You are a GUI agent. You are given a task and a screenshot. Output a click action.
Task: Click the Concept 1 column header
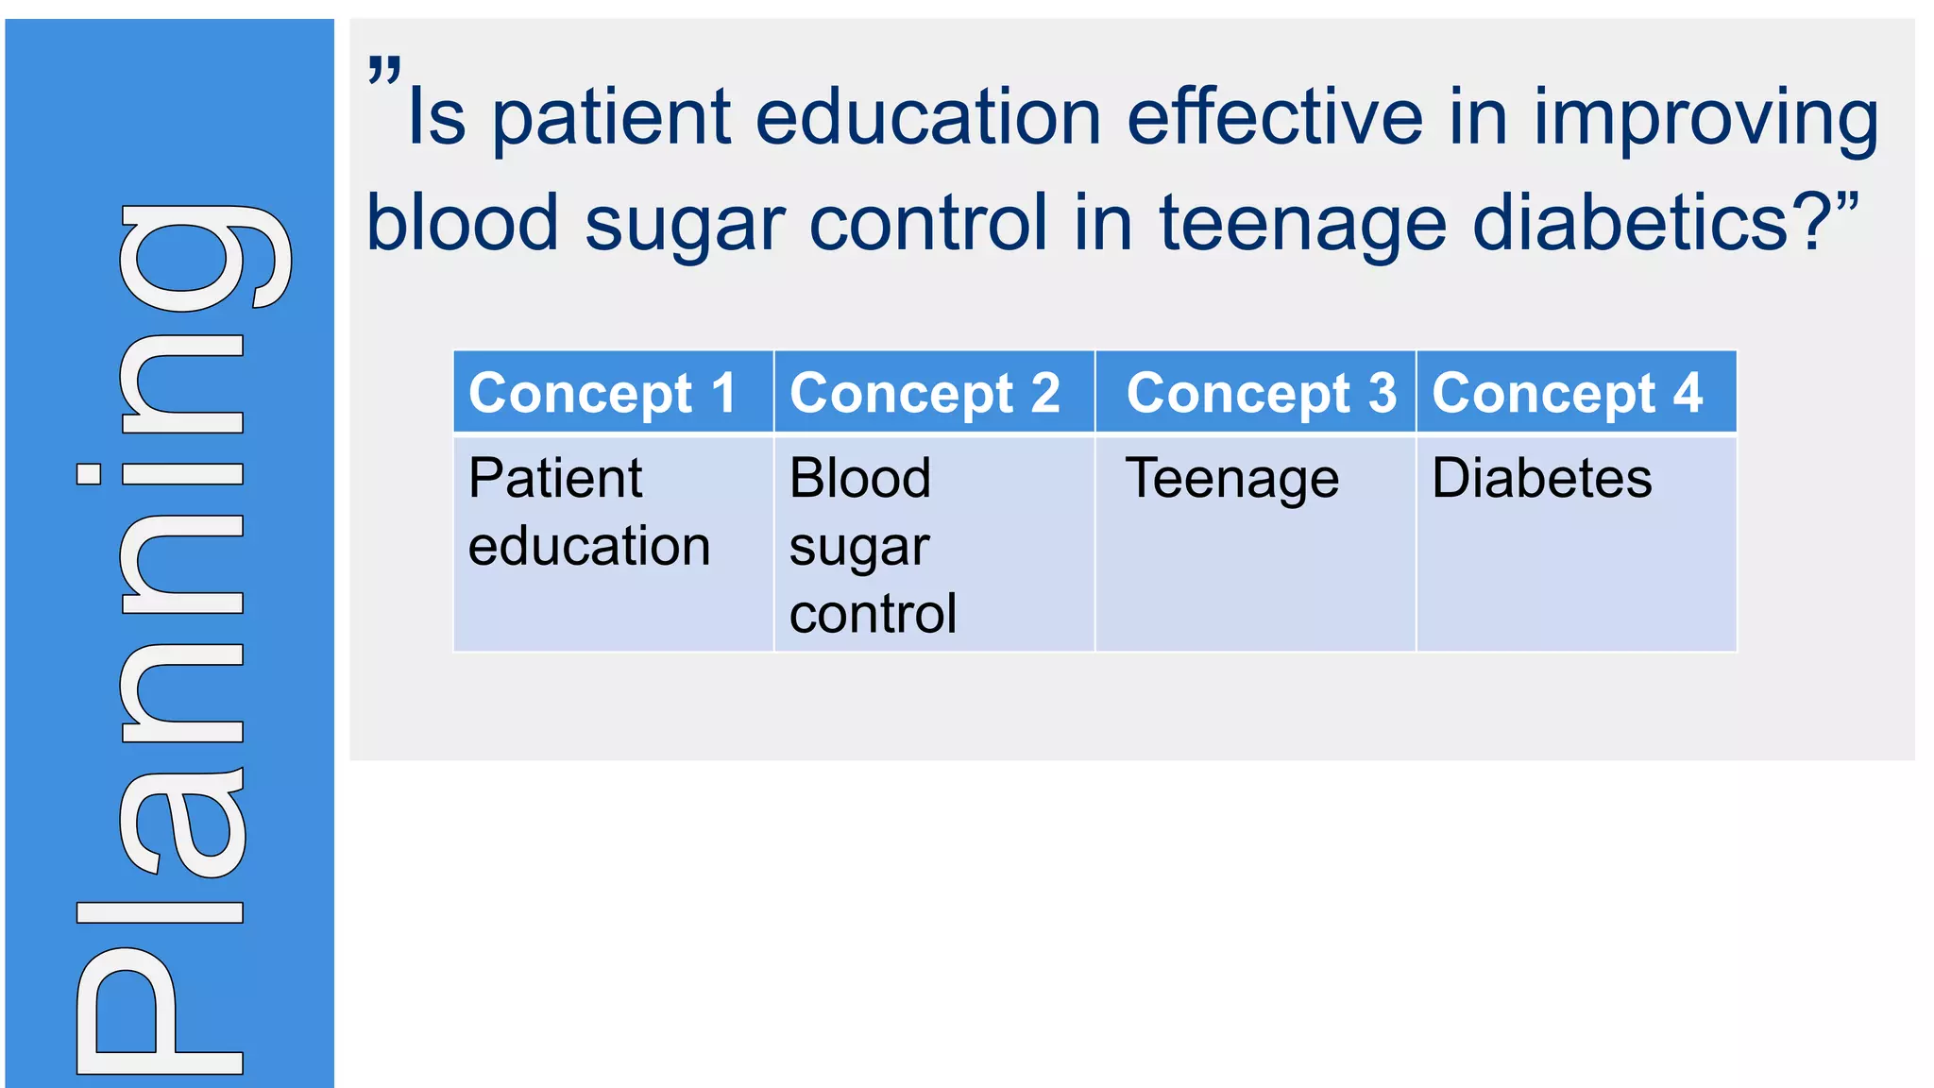pyautogui.click(x=602, y=393)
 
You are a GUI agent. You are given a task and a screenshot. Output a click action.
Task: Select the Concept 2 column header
pyautogui.click(x=925, y=393)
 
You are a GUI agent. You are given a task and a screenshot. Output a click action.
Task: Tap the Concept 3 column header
pyautogui.click(x=1261, y=393)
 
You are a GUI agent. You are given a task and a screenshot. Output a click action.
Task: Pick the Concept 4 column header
pyautogui.click(x=1567, y=393)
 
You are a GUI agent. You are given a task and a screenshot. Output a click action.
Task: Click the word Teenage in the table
pyautogui.click(x=1231, y=479)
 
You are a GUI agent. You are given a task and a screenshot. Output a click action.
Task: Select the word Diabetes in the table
pyautogui.click(x=1541, y=478)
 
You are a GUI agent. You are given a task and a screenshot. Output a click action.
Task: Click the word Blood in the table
pyautogui.click(x=859, y=478)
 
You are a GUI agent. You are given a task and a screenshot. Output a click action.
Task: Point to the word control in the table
pyautogui.click(x=873, y=614)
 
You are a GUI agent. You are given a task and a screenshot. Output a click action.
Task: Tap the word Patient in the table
pyautogui.click(x=555, y=478)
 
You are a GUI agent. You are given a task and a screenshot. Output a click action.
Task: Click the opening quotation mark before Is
pyautogui.click(x=384, y=71)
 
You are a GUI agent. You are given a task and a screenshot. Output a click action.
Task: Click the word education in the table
pyautogui.click(x=588, y=547)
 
